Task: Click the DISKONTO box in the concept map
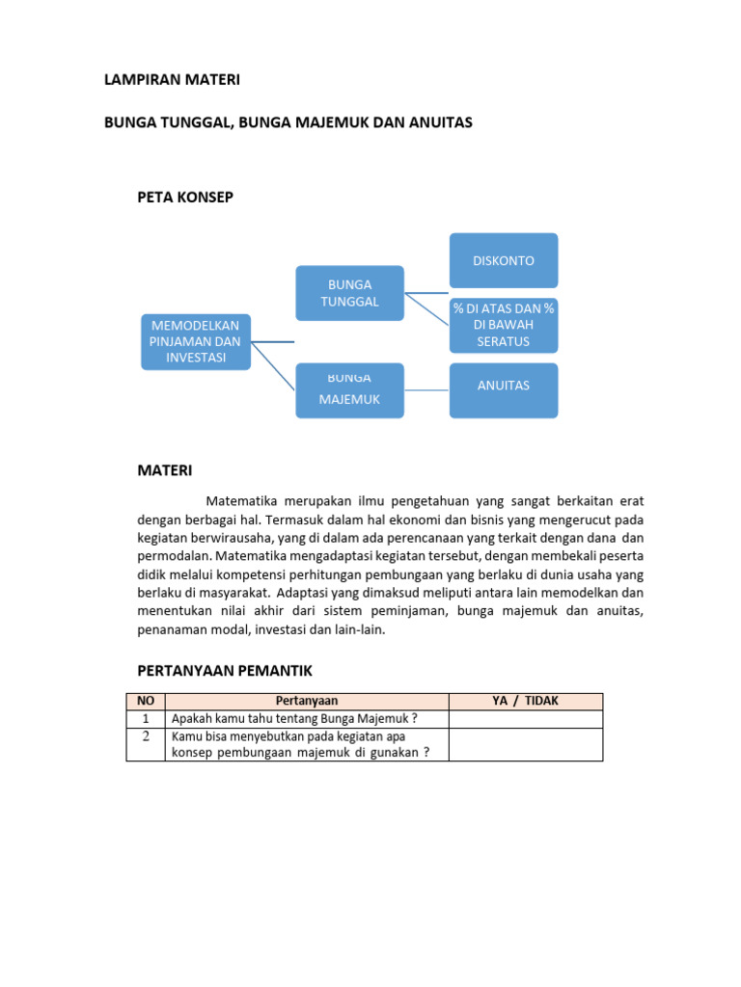tap(503, 260)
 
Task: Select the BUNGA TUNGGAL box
tap(349, 292)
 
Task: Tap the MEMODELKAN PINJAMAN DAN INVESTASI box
tap(196, 341)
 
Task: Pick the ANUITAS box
tap(503, 389)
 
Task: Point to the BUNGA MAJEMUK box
tap(349, 390)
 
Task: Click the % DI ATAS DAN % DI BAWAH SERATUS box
tap(503, 325)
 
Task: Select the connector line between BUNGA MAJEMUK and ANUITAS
tap(426, 390)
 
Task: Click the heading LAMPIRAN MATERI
tap(172, 81)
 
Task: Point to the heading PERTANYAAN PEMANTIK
tap(227, 670)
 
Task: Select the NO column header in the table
tap(146, 702)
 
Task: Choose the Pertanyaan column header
tap(307, 702)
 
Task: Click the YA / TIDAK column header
tap(526, 702)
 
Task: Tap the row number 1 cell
tap(146, 718)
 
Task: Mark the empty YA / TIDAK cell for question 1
tap(526, 718)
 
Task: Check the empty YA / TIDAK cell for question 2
tap(526, 744)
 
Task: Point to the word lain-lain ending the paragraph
tap(358, 629)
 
